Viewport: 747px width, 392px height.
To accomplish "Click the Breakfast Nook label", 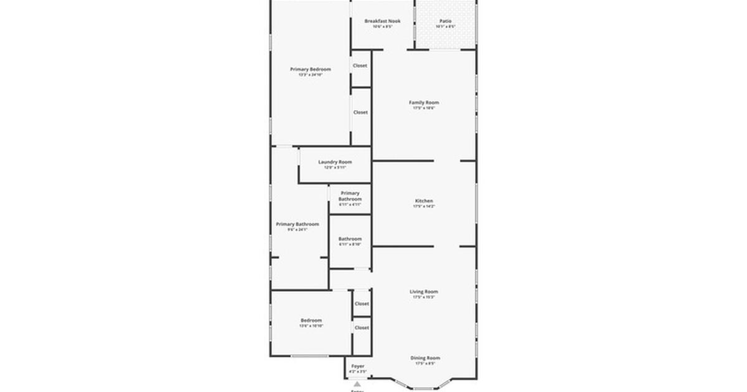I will click(382, 21).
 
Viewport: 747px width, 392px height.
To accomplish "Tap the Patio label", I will click(445, 21).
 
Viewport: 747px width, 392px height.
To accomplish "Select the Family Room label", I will click(424, 103).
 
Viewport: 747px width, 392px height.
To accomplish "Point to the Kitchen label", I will click(424, 201).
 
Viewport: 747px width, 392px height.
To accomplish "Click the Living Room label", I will click(424, 292).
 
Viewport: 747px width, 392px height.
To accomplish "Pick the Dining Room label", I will click(425, 358).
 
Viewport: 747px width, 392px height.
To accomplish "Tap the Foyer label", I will click(358, 366).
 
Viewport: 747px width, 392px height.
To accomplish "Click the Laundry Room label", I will click(335, 162).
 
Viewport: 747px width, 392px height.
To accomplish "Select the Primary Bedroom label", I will click(311, 69).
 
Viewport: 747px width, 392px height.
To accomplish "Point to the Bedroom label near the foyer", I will click(312, 320).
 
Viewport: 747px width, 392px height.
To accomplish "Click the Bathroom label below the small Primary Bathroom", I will click(350, 239).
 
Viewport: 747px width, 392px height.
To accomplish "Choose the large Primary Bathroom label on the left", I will click(298, 224).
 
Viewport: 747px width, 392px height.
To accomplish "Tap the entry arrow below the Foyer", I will click(357, 384).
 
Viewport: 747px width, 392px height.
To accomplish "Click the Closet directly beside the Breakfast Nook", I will click(360, 65).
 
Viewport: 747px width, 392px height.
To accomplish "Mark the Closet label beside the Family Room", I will click(360, 113).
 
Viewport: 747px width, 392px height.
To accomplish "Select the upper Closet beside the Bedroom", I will click(362, 304).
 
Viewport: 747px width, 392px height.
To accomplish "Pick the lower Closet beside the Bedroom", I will click(362, 327).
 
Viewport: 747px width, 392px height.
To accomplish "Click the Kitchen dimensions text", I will click(424, 207).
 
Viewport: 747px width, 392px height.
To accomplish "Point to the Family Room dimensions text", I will click(424, 108).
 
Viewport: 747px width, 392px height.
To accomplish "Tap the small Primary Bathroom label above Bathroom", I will click(350, 196).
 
